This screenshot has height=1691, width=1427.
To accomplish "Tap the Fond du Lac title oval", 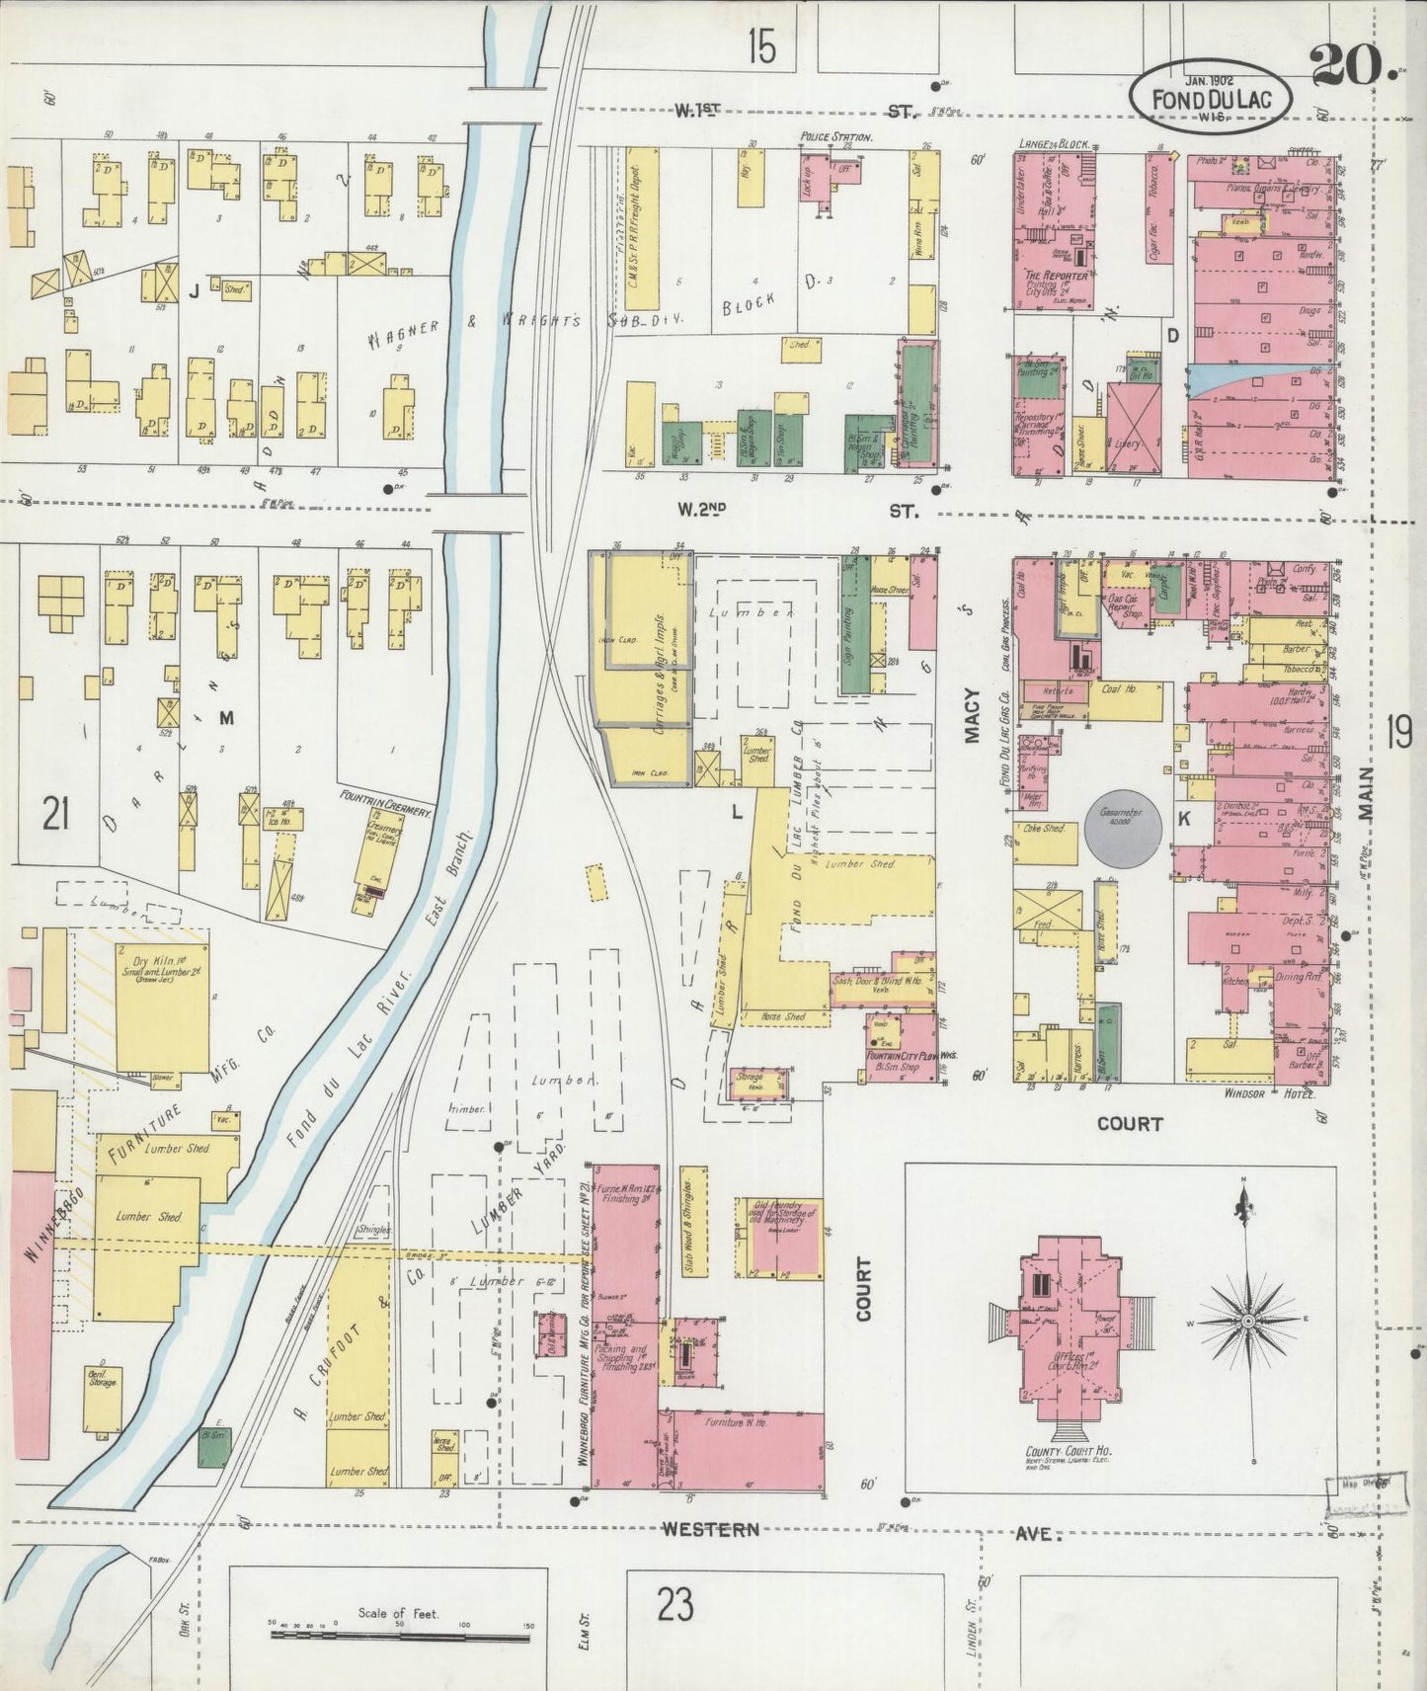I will (1213, 98).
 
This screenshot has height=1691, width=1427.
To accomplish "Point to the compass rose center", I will (1247, 1321).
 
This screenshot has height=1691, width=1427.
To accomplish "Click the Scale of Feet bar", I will (400, 1637).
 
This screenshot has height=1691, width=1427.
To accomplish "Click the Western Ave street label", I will (710, 1529).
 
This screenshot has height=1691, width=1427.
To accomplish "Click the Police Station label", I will (835, 137).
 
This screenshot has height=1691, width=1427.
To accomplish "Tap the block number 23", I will (674, 1604).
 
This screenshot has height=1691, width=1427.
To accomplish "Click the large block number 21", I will (55, 816).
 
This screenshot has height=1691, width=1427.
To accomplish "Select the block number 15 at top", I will (761, 46).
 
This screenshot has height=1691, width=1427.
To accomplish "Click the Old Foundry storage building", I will (778, 1240).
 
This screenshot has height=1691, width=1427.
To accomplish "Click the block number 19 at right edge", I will (1397, 733).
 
